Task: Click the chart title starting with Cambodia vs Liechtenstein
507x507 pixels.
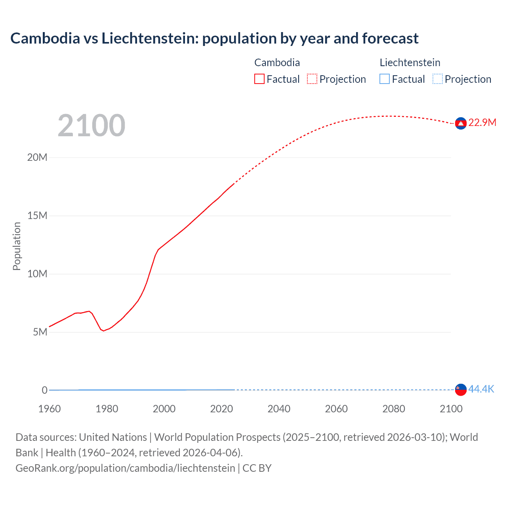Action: (x=214, y=38)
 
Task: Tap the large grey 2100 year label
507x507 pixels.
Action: (x=91, y=126)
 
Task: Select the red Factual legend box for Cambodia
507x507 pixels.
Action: (x=259, y=79)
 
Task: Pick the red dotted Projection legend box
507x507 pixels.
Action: (x=312, y=79)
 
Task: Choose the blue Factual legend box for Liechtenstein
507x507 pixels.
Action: (x=385, y=79)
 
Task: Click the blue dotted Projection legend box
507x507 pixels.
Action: (x=438, y=79)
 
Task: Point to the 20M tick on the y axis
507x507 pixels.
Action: (x=37, y=158)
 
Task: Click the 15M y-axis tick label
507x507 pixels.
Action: (x=37, y=216)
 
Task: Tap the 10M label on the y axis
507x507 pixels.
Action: (x=37, y=274)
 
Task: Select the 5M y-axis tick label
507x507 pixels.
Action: (x=40, y=332)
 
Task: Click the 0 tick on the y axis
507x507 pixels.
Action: (x=45, y=390)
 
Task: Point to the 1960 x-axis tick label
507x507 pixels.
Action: (x=50, y=409)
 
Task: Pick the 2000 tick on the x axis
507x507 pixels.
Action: (x=164, y=409)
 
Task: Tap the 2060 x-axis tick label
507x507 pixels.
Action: (x=336, y=409)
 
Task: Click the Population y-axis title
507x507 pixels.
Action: (x=17, y=246)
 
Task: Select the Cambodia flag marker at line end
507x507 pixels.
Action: (x=461, y=124)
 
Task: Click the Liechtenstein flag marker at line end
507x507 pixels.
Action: (x=461, y=390)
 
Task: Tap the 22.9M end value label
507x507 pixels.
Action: (x=482, y=123)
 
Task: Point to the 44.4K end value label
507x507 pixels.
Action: (x=481, y=389)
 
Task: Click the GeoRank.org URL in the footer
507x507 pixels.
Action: (x=125, y=468)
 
